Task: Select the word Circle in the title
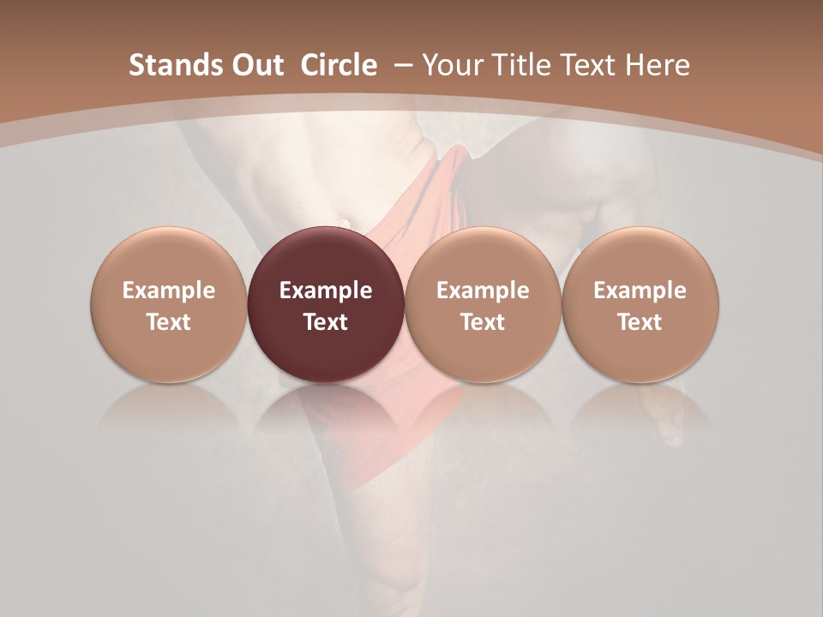(339, 65)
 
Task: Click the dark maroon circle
(326, 257)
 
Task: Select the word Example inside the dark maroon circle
(326, 291)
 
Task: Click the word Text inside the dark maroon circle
(326, 322)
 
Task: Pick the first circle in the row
(169, 257)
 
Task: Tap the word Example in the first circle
(169, 291)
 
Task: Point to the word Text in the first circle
(169, 322)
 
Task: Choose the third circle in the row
(483, 257)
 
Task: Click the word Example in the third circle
(483, 291)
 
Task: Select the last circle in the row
(640, 257)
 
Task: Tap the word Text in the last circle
(640, 322)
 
